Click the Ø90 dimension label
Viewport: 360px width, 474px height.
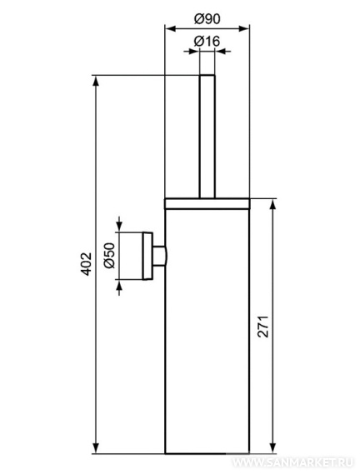coord(207,19)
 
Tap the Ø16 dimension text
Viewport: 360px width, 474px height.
coord(207,41)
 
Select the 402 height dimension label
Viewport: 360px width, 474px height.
coord(87,263)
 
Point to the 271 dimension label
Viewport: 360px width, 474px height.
coord(262,327)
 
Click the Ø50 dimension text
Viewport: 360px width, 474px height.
coord(109,256)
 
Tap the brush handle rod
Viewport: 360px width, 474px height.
coord(207,136)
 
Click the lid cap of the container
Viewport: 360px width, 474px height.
coord(207,204)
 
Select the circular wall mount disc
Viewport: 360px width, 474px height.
coord(147,256)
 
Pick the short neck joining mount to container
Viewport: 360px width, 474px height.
coord(159,256)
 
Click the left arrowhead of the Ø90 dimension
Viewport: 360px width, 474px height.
coord(170,28)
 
